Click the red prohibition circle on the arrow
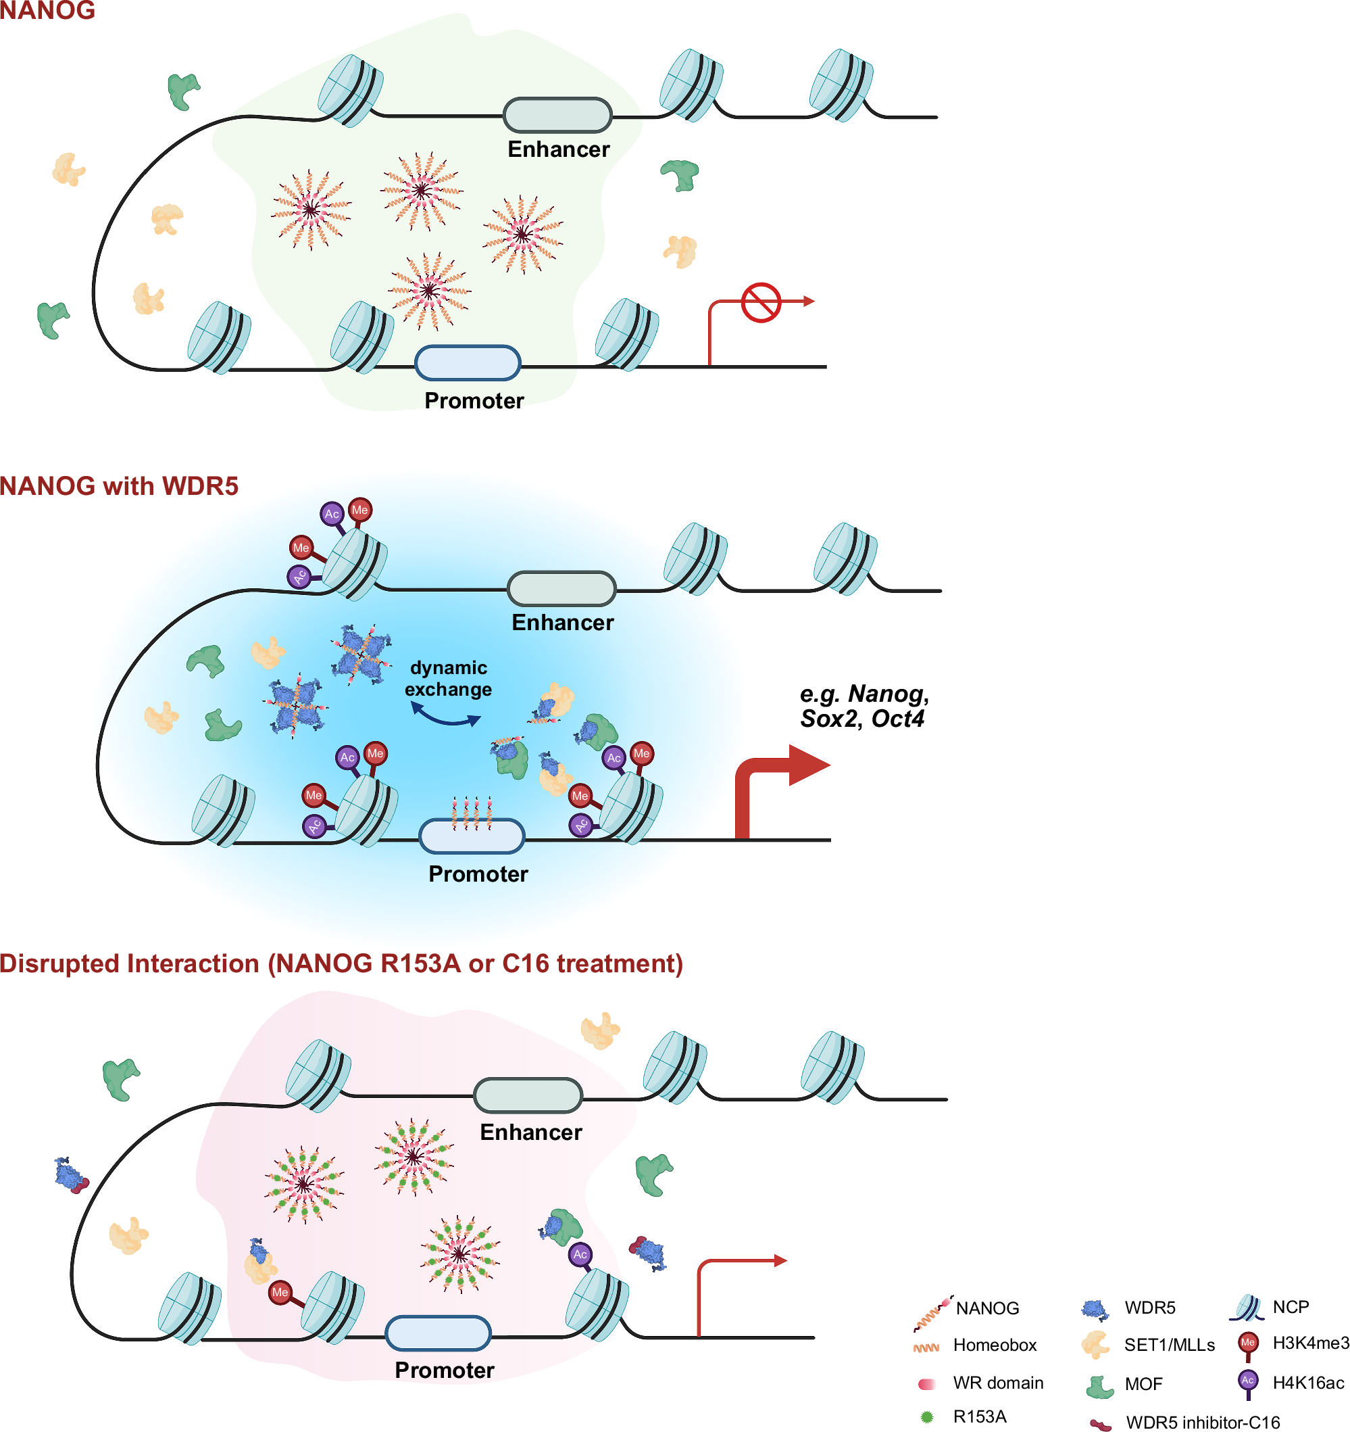(x=761, y=302)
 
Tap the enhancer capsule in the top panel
(x=557, y=114)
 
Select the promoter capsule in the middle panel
(x=472, y=836)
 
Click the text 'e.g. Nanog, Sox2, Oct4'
(x=864, y=706)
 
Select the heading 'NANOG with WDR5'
(x=119, y=486)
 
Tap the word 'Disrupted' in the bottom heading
(x=63, y=963)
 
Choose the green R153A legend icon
(x=926, y=1417)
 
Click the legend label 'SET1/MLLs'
(x=1170, y=1345)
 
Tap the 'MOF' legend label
(x=1143, y=1384)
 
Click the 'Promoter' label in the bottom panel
(x=444, y=1370)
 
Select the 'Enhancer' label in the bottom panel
(x=530, y=1132)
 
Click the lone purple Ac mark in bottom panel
(x=580, y=1254)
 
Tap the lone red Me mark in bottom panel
(x=280, y=1292)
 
